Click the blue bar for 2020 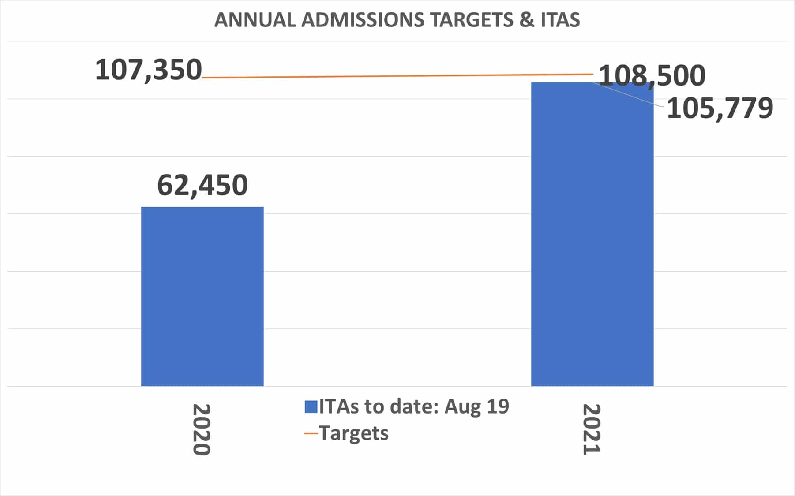pyautogui.click(x=202, y=296)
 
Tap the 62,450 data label pyautogui.click(x=202, y=185)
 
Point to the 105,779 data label pyautogui.click(x=720, y=108)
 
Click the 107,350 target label pyautogui.click(x=148, y=70)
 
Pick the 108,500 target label pyautogui.click(x=652, y=75)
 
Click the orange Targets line pyautogui.click(x=397, y=76)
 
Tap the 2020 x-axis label pyautogui.click(x=202, y=430)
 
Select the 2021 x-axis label pyautogui.click(x=592, y=430)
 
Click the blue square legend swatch pyautogui.click(x=311, y=406)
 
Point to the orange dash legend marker pyautogui.click(x=311, y=433)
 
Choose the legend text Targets pyautogui.click(x=354, y=433)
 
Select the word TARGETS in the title pyautogui.click(x=472, y=20)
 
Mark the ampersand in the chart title pyautogui.click(x=526, y=20)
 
